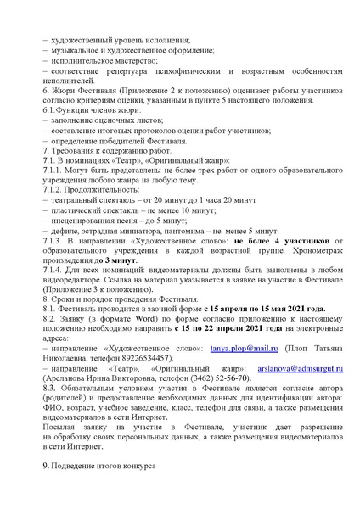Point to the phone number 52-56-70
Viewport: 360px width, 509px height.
point(228,380)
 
